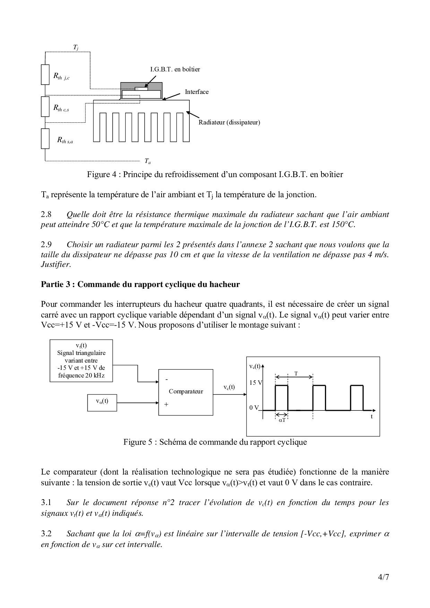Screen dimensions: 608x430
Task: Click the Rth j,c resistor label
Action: (x=61, y=76)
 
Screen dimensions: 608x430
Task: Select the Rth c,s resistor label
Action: (x=61, y=108)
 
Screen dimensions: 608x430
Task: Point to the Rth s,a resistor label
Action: (x=65, y=140)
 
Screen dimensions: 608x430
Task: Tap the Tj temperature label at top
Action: (x=76, y=47)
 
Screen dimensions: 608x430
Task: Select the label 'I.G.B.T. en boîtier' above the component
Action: (x=175, y=69)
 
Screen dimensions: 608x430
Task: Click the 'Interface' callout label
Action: (x=197, y=92)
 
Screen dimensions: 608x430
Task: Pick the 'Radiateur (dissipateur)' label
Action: (x=229, y=122)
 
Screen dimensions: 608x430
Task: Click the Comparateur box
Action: (x=186, y=392)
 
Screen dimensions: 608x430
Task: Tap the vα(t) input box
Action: (x=102, y=402)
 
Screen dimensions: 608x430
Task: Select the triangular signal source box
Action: (x=81, y=361)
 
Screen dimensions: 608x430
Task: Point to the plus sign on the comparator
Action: (x=166, y=404)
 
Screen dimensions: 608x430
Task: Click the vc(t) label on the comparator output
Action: (x=229, y=387)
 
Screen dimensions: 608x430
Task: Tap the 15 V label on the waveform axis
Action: (x=256, y=383)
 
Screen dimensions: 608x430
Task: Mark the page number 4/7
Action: (x=384, y=577)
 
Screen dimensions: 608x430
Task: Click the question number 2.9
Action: (x=46, y=245)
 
